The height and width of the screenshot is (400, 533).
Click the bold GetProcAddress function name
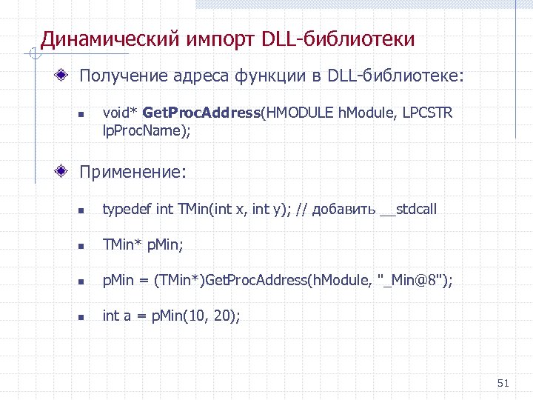201,113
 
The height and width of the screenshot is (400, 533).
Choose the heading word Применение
133,172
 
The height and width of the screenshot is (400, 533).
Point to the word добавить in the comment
343,210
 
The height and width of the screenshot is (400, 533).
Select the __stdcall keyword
408,210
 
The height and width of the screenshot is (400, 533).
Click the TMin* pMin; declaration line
143,244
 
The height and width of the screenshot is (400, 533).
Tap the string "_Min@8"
412,280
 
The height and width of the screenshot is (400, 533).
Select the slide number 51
503,383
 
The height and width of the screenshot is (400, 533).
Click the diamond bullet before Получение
65,76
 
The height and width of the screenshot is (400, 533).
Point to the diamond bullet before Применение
65,172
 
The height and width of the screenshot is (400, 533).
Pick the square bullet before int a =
82,317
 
